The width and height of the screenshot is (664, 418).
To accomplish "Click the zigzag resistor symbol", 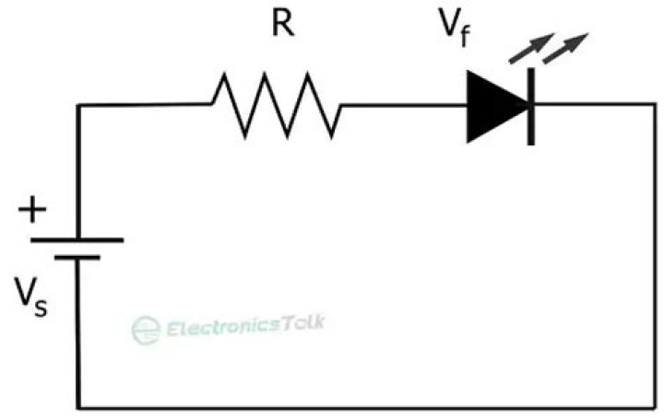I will (277, 105).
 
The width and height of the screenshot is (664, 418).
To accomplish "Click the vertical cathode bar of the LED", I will (530, 105).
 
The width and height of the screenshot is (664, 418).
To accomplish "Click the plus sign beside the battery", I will (32, 211).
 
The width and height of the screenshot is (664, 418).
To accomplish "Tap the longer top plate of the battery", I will (77, 240).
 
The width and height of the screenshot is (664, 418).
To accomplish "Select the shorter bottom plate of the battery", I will (77, 258).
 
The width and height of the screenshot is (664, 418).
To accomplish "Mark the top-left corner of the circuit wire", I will (78, 105).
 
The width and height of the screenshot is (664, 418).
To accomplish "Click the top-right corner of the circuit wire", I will (656, 105).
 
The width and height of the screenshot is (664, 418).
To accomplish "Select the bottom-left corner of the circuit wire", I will (78, 406).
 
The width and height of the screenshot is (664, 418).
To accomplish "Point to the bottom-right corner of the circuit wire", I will (656, 406).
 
